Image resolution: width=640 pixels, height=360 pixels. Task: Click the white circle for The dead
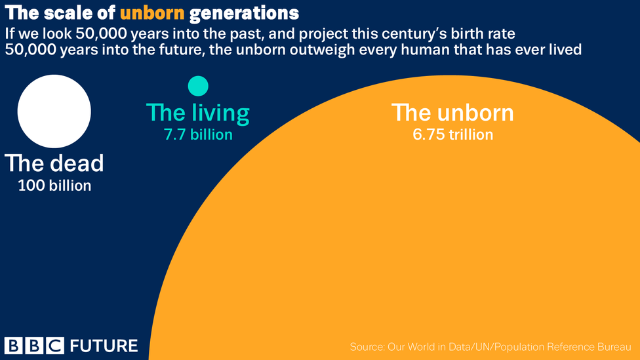[x=54, y=111]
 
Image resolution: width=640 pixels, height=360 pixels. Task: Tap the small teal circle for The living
[x=198, y=86]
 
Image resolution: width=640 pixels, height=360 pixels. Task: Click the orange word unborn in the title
[x=152, y=13]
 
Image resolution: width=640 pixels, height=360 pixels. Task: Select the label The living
[x=197, y=113]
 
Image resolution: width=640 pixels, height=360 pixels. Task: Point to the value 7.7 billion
[x=199, y=134]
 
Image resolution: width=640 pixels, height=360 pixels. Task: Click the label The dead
[x=54, y=163]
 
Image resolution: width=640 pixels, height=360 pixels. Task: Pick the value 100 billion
[x=54, y=186]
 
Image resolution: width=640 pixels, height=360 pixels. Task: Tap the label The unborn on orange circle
[x=452, y=112]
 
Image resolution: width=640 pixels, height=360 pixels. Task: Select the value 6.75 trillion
[x=452, y=134]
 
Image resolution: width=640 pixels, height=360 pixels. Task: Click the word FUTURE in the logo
[x=104, y=346]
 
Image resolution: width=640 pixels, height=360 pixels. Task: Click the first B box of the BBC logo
[x=14, y=346]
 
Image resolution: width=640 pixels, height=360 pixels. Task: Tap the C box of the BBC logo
[x=56, y=346]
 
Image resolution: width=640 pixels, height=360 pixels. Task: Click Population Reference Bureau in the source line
[x=563, y=347]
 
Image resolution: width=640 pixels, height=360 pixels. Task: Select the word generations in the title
[x=244, y=13]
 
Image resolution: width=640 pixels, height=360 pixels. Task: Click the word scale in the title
[x=69, y=13]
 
